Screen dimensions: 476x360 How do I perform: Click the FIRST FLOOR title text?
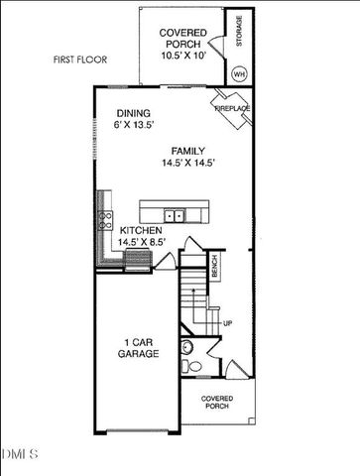tap(78, 60)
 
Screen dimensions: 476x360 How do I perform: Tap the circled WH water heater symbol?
tap(238, 72)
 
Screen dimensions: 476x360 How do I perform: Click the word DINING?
tap(133, 113)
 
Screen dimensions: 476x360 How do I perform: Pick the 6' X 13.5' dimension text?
tap(136, 126)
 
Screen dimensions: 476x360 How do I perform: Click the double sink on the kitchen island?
tap(174, 213)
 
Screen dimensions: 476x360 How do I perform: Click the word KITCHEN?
tap(142, 229)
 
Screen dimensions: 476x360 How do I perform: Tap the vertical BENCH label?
tap(214, 266)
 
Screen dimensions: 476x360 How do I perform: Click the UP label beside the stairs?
tap(227, 323)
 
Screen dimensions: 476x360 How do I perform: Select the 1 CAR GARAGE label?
tap(139, 347)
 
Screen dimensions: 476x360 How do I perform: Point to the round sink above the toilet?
tap(185, 346)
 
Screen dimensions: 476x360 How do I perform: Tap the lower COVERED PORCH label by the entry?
tap(217, 402)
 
